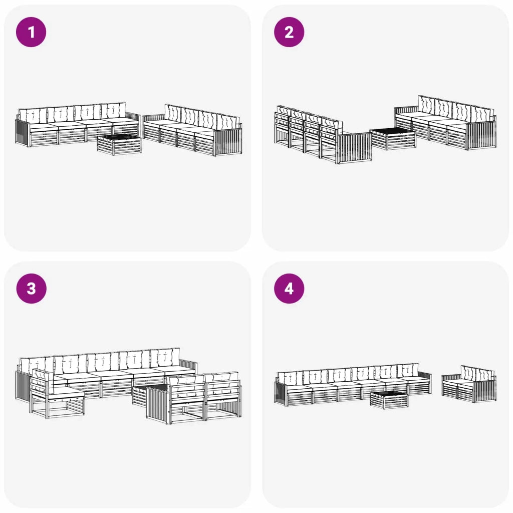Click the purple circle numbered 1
pyautogui.click(x=31, y=32)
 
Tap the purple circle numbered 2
pyautogui.click(x=289, y=32)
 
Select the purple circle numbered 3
pyautogui.click(x=31, y=289)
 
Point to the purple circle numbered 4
pyautogui.click(x=289, y=289)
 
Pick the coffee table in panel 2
pyautogui.click(x=393, y=139)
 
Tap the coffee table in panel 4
pyautogui.click(x=389, y=400)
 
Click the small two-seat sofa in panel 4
pyautogui.click(x=468, y=384)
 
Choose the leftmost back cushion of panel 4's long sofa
pyautogui.click(x=290, y=378)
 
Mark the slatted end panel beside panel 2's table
pyautogui.click(x=355, y=148)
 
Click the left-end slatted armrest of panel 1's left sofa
pyautogui.click(x=22, y=132)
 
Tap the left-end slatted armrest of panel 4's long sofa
pyautogui.click(x=281, y=393)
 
